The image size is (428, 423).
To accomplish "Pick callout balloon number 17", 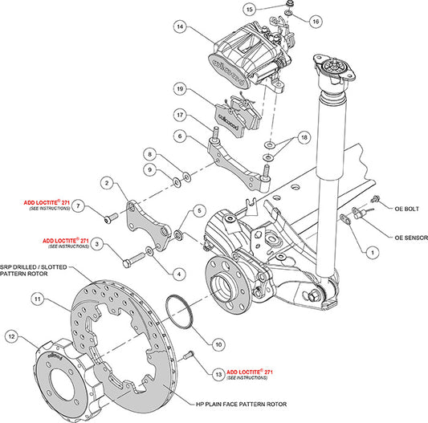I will pos(181,114).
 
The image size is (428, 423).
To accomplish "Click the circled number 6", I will pos(181,136).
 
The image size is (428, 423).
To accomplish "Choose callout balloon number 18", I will pos(304,139).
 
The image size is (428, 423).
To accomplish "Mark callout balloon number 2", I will pos(105,184).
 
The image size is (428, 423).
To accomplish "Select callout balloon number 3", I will pos(97,243).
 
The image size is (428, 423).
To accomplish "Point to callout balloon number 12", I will pos(11,336).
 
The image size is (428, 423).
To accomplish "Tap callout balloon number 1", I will pos(372,251).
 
